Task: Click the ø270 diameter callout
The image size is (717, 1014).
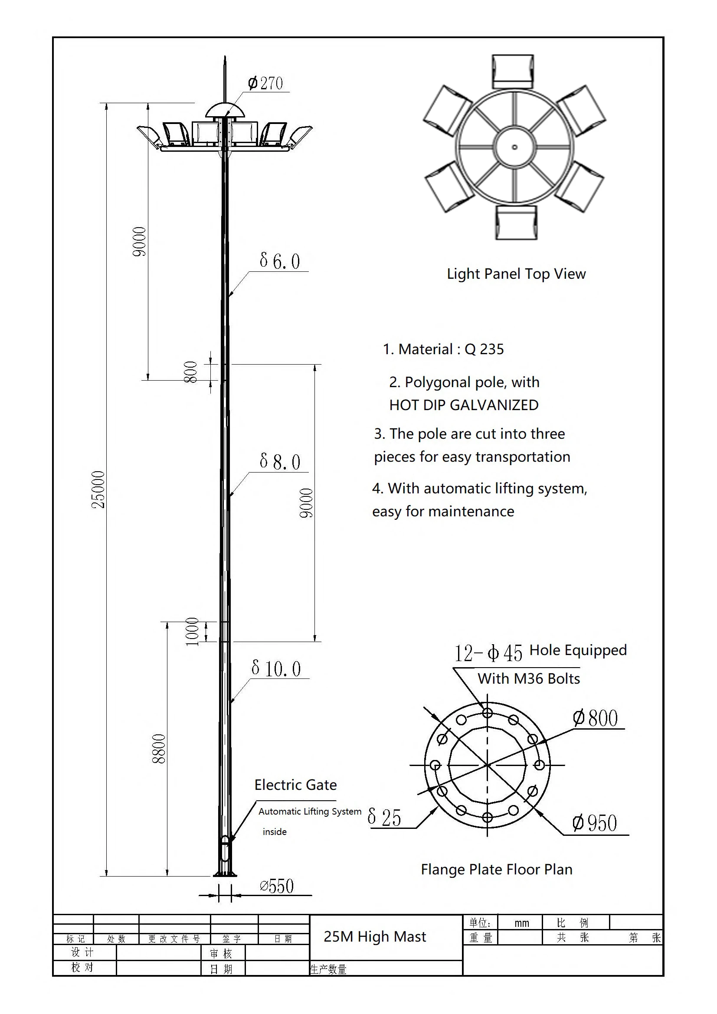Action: [x=265, y=83]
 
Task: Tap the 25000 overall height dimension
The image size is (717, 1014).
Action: [x=98, y=489]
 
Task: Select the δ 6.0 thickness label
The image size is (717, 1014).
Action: [x=280, y=261]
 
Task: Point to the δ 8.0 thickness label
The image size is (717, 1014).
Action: [x=280, y=462]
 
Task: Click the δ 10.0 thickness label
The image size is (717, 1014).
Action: [x=276, y=668]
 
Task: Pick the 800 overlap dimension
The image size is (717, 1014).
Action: [x=191, y=372]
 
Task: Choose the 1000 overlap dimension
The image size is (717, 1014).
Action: [x=192, y=632]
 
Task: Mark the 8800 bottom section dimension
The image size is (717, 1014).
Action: [x=159, y=749]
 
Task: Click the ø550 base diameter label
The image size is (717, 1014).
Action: [x=277, y=886]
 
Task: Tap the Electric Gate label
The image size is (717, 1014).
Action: [x=295, y=785]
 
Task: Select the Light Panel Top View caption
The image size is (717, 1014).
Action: [x=516, y=274]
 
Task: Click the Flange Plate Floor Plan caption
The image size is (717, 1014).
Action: [x=497, y=869]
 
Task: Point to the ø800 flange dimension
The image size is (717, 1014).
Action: [x=595, y=718]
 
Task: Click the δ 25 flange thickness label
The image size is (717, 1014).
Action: [x=384, y=818]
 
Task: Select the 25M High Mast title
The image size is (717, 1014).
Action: [x=375, y=936]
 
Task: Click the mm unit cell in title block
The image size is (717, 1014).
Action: [x=522, y=923]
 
